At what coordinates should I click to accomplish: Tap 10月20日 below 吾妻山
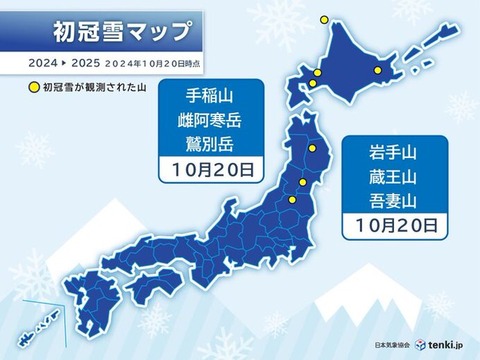click(394, 227)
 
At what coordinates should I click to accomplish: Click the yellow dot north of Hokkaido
click(323, 18)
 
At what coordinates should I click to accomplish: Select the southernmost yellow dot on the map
click(292, 200)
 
